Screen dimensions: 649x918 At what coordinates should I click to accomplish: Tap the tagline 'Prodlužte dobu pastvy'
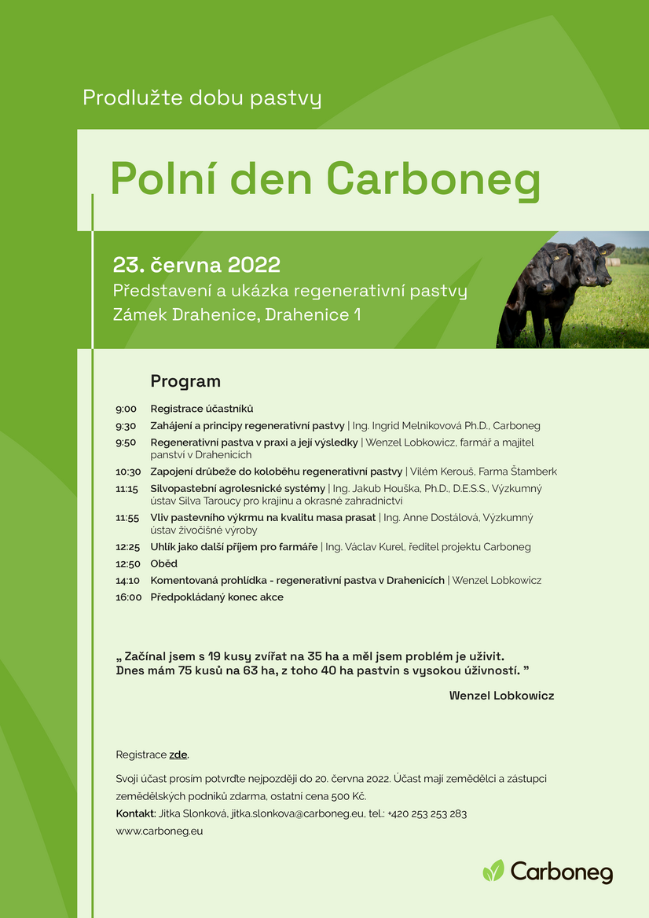202,97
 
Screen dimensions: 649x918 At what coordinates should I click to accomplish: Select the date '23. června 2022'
196,265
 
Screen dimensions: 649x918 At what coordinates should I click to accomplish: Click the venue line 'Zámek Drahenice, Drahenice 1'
237,315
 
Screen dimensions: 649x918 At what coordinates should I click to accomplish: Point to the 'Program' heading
185,381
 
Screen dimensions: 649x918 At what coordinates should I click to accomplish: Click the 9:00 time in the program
126,409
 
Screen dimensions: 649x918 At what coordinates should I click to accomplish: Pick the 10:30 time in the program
128,472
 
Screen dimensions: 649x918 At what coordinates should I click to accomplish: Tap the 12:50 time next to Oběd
127,564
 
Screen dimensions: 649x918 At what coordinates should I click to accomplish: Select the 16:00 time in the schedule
128,597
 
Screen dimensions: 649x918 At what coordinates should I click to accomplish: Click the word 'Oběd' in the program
164,564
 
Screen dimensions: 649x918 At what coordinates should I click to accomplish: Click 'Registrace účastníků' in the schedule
202,409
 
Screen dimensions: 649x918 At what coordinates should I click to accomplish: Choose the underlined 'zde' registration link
178,755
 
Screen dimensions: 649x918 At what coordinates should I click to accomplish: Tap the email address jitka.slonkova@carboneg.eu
298,813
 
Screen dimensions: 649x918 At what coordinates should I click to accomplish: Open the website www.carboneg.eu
159,832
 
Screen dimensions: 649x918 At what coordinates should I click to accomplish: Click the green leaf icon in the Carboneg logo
493,871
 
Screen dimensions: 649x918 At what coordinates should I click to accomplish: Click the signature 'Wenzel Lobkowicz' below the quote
501,696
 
